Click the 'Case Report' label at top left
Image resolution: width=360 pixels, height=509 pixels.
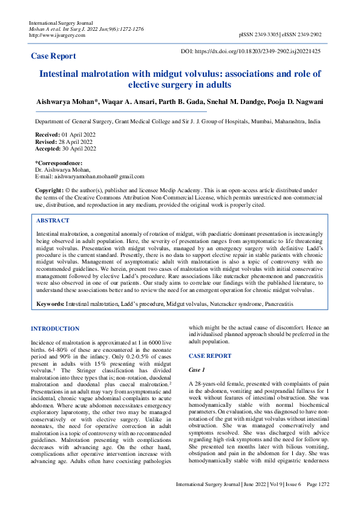click(x=54, y=56)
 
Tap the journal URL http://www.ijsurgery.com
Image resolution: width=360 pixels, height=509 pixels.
click(x=57, y=35)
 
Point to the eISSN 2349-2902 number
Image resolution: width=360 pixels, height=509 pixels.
click(x=304, y=36)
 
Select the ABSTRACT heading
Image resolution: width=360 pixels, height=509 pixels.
click(x=53, y=221)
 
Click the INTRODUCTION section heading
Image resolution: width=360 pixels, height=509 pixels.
click(x=55, y=329)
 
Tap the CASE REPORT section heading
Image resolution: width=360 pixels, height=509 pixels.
click(x=210, y=356)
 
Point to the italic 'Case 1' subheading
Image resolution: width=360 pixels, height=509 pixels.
click(x=197, y=369)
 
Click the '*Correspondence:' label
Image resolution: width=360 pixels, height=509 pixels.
click(x=59, y=163)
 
